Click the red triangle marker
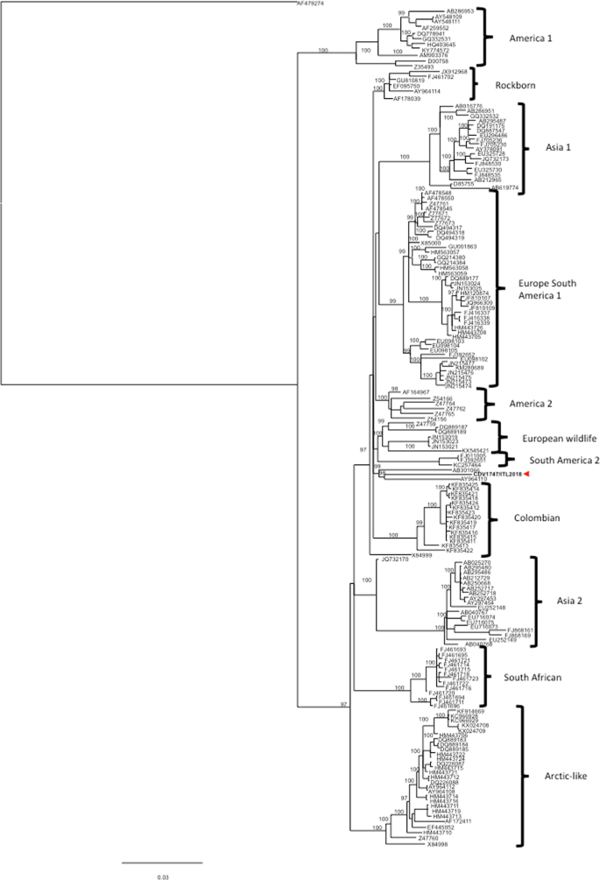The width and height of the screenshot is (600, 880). pyautogui.click(x=526, y=474)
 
